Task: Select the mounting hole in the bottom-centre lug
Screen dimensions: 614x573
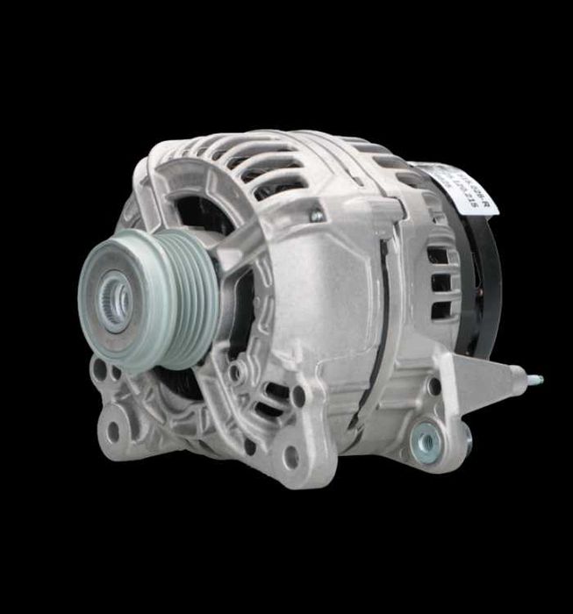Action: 290,456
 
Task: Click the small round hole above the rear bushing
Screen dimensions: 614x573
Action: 434,386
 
